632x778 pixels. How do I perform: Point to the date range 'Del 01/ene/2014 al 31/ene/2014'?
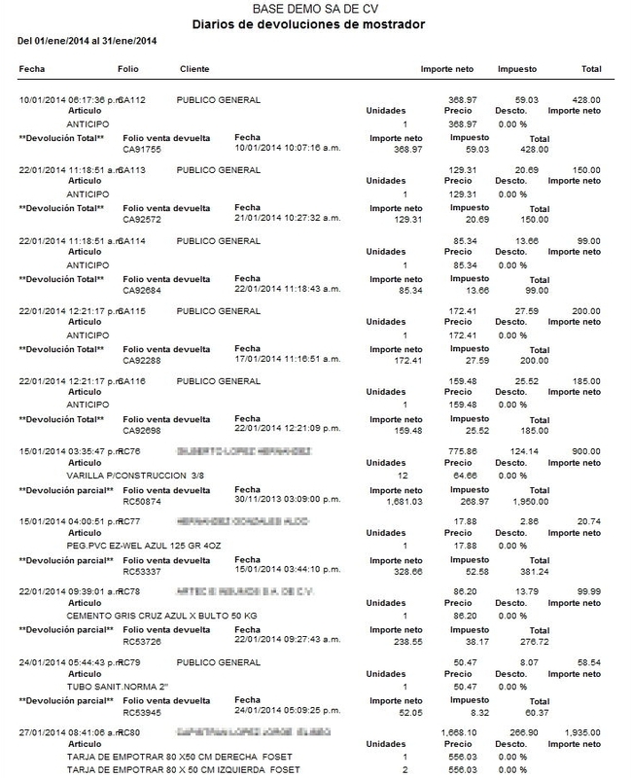click(88, 42)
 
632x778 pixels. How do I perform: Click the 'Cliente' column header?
click(195, 71)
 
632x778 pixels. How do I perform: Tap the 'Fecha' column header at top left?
click(32, 71)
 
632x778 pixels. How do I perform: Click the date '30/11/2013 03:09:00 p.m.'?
click(283, 494)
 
